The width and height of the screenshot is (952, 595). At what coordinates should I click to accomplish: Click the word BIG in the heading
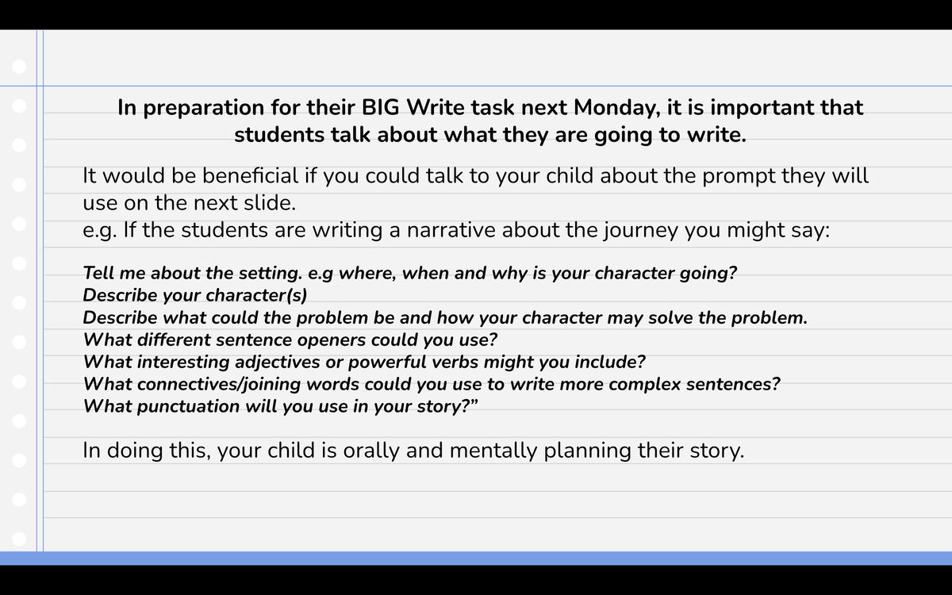point(380,107)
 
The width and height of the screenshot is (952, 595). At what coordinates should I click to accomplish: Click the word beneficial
point(250,175)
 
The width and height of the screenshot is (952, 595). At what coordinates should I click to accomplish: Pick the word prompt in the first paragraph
point(739,176)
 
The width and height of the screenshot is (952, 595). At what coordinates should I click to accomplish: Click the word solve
point(670,317)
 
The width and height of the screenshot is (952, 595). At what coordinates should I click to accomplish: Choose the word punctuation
point(188,407)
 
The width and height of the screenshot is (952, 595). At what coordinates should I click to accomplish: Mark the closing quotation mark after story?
point(474,401)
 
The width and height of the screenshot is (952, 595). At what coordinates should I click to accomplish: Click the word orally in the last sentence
point(371,451)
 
